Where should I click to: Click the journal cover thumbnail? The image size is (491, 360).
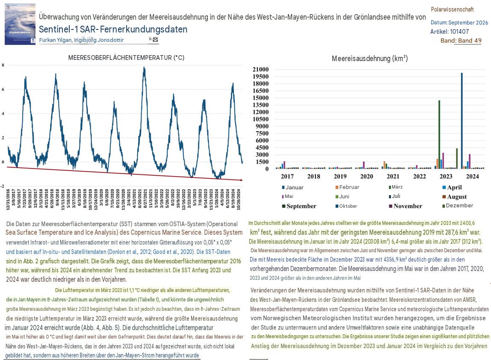click(20, 24)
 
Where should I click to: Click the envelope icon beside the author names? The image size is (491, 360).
click(155, 40)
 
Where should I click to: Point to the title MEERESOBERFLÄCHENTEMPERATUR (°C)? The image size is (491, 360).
click(126, 58)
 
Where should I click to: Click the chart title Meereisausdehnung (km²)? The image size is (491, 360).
click(370, 59)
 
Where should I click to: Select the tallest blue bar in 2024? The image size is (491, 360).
click(462, 121)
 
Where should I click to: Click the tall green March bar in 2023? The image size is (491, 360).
click(439, 135)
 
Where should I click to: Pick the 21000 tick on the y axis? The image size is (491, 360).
click(260, 70)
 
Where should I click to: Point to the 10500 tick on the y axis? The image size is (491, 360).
click(260, 119)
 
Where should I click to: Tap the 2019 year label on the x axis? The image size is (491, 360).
click(340, 177)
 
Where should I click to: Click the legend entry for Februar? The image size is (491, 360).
click(347, 187)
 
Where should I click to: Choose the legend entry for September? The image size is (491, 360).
click(299, 207)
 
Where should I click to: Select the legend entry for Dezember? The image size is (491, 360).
click(458, 206)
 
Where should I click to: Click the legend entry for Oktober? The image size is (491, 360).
click(346, 207)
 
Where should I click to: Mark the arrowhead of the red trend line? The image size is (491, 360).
click(241, 180)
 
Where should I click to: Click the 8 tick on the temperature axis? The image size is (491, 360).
click(3, 65)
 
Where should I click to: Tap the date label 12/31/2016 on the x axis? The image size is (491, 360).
click(8, 199)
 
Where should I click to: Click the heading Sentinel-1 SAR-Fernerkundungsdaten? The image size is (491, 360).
click(113, 30)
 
